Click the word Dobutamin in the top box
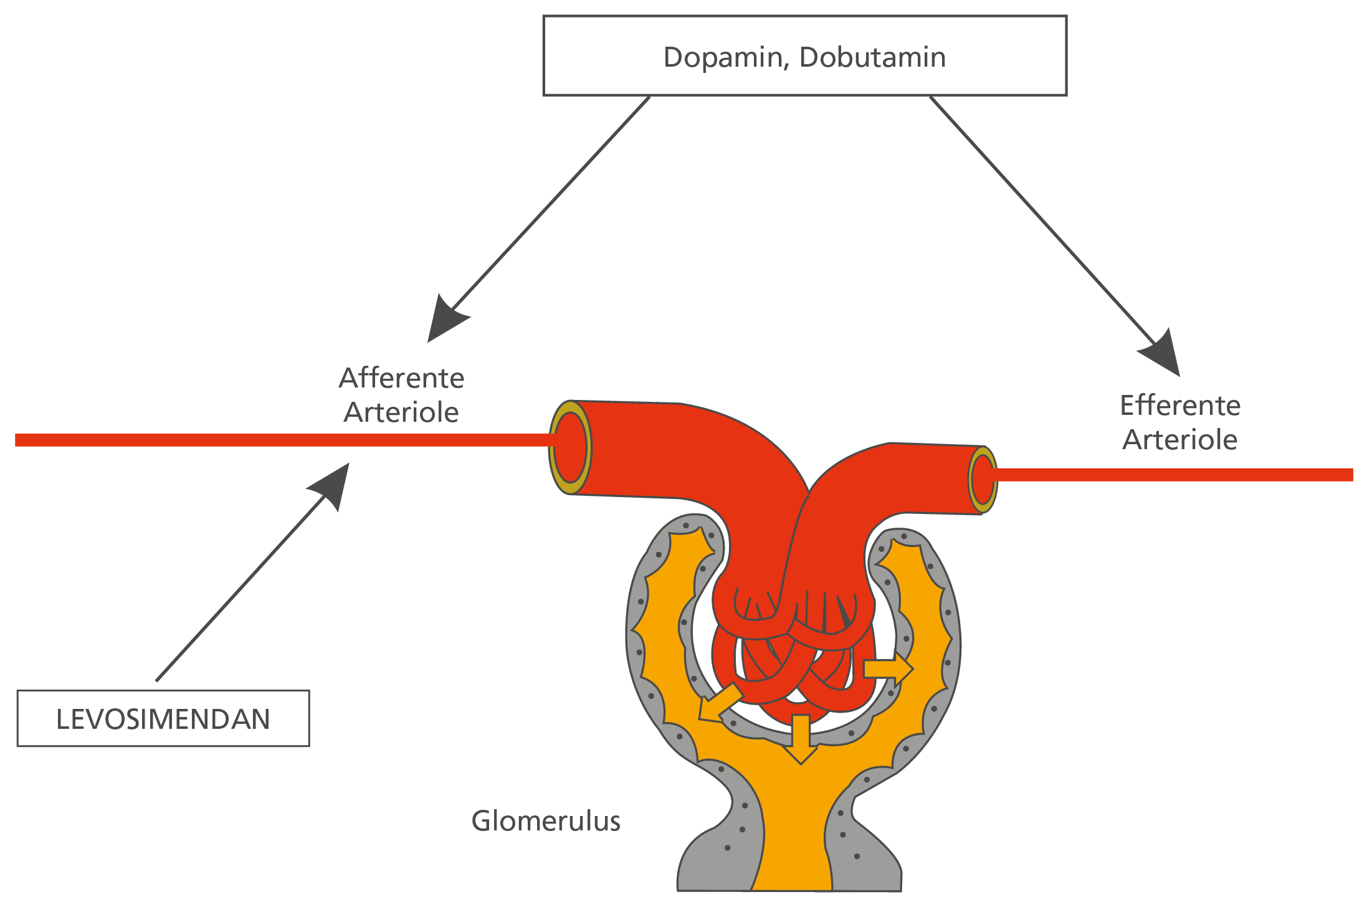[x=872, y=57]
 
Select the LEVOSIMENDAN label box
[x=163, y=718]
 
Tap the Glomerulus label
[x=546, y=821]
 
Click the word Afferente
[x=401, y=378]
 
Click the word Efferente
[x=1180, y=406]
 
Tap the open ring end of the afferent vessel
[x=569, y=447]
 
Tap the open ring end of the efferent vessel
[x=983, y=480]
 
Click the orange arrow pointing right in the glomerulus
[x=888, y=669]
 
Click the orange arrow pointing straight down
[x=801, y=739]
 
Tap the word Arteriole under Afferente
[x=401, y=412]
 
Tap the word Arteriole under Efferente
[x=1180, y=440]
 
